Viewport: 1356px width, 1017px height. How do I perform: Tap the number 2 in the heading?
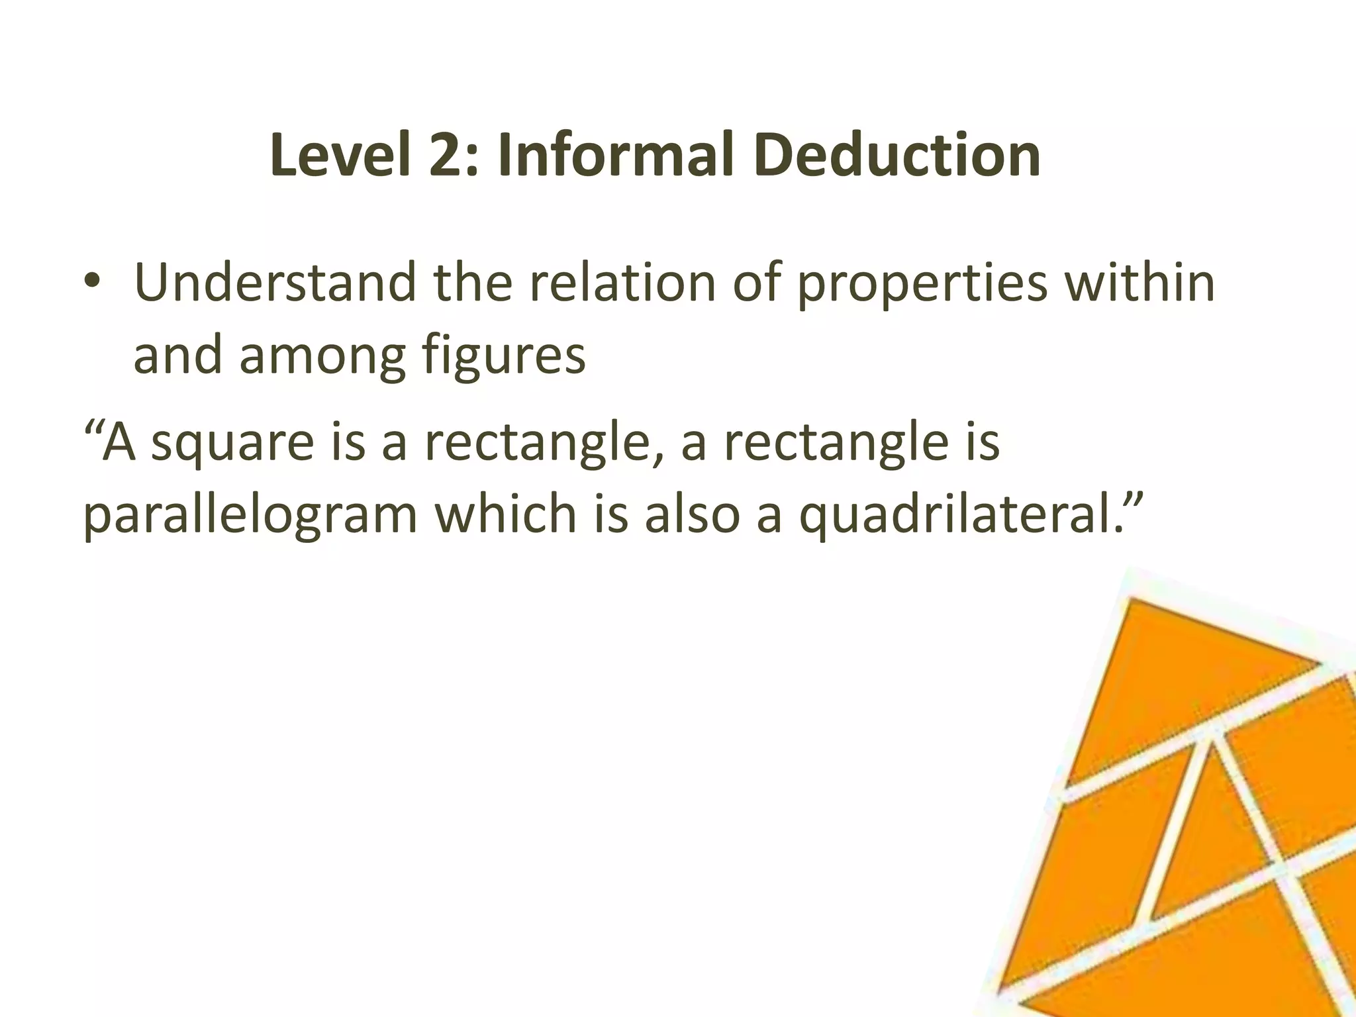pyautogui.click(x=447, y=156)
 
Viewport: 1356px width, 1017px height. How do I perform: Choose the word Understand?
pyautogui.click(x=275, y=283)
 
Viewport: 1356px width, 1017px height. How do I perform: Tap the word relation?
pyautogui.click(x=622, y=283)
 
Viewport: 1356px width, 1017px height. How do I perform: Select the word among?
pyautogui.click(x=322, y=356)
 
